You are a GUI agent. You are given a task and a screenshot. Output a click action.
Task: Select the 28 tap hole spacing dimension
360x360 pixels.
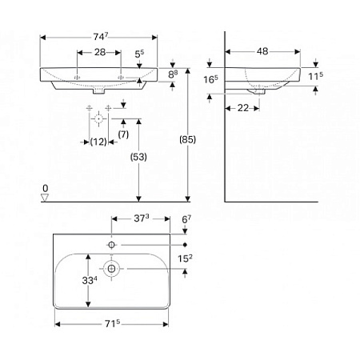click(x=98, y=51)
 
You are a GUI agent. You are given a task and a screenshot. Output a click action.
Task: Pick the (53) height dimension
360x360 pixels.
click(x=140, y=158)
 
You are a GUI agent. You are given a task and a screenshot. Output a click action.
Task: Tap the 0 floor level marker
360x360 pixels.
click(x=46, y=189)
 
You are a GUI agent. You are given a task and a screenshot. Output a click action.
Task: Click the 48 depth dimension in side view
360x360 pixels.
click(x=262, y=51)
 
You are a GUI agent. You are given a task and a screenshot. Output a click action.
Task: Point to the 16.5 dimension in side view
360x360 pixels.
click(x=210, y=80)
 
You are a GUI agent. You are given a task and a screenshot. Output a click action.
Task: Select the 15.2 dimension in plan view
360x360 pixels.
click(x=186, y=258)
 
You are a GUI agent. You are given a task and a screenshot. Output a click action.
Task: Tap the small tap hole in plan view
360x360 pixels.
click(x=111, y=243)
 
